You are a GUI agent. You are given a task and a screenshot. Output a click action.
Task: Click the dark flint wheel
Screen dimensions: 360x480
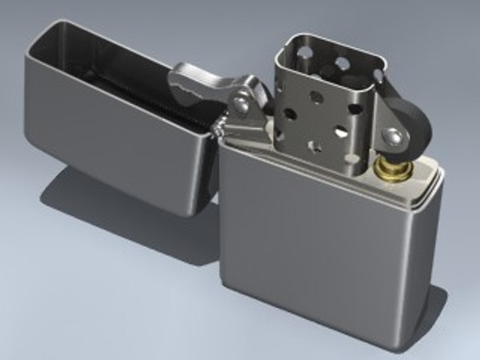412,128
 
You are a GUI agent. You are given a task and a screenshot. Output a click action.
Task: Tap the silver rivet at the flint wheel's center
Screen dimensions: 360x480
395,137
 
